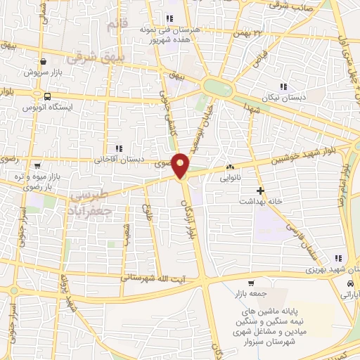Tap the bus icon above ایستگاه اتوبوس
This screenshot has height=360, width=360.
click(47, 96)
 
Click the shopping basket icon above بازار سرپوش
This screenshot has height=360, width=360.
click(44, 62)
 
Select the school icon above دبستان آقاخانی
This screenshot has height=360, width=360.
click(118, 148)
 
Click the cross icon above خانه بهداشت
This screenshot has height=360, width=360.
click(259, 190)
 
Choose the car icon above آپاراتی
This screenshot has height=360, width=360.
click(349, 283)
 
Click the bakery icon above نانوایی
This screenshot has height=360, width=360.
click(229, 167)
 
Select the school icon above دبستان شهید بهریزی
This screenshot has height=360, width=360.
click(338, 258)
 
